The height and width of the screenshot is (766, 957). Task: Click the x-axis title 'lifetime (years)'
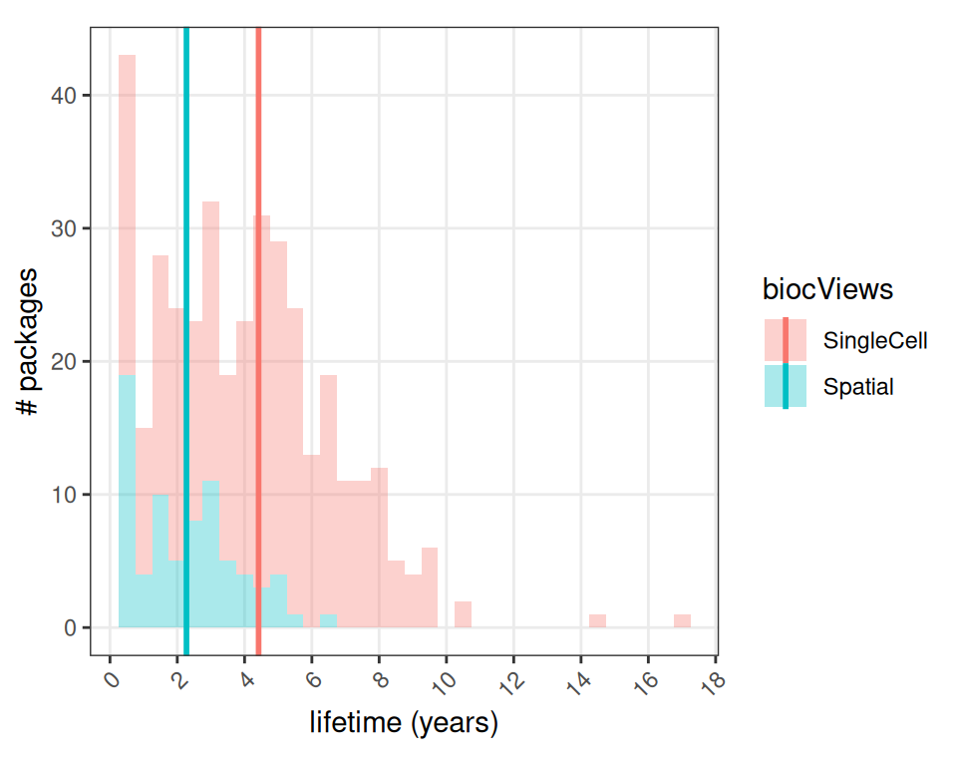click(404, 722)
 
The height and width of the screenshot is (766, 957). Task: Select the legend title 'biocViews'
click(826, 289)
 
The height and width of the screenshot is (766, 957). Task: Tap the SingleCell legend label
click(875, 341)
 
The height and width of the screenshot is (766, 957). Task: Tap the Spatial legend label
click(858, 387)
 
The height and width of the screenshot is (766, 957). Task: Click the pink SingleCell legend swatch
click(786, 340)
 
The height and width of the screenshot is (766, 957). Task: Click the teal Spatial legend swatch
click(786, 386)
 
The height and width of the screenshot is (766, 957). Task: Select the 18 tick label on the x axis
click(712, 680)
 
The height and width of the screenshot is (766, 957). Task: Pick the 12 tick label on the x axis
click(509, 680)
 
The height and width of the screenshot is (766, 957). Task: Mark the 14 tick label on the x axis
click(577, 680)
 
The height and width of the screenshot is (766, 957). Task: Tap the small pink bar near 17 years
click(682, 621)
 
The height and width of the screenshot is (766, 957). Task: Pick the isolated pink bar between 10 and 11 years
click(463, 614)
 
